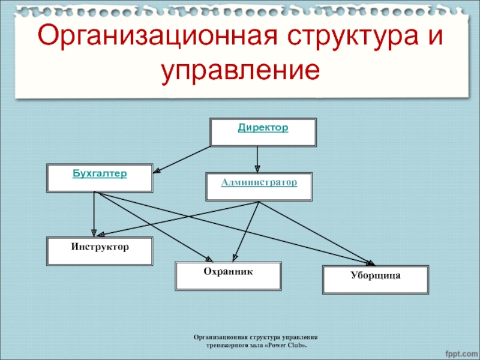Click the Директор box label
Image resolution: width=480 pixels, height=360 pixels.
pyautogui.click(x=263, y=128)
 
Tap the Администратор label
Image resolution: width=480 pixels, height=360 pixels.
pyautogui.click(x=259, y=182)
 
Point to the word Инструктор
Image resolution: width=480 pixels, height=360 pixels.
pyautogui.click(x=100, y=247)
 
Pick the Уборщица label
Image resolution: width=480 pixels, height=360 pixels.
pyautogui.click(x=376, y=275)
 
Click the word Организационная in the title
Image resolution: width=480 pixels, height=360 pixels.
pyautogui.click(x=152, y=37)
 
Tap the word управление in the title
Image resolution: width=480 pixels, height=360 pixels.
pyautogui.click(x=239, y=70)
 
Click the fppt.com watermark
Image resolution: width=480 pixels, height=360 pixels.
pyautogui.click(x=459, y=349)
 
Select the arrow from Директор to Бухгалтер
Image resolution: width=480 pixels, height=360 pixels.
pyautogui.click(x=183, y=159)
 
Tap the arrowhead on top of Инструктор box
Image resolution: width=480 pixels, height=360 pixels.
pyautogui.click(x=94, y=233)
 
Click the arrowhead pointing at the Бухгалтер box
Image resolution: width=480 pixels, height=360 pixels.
pyautogui.click(x=157, y=171)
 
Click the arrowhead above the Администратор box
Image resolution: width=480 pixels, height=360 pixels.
pyautogui.click(x=257, y=169)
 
